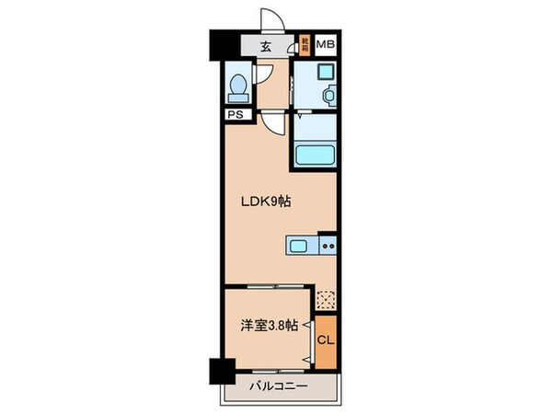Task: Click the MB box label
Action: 325,44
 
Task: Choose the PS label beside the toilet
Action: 235,116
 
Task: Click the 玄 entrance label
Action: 264,45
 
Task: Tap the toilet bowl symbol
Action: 237,87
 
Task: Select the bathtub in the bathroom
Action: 315,155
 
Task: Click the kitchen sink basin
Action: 301,246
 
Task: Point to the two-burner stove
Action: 328,246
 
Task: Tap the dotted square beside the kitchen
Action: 326,298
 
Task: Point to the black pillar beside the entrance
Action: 218,44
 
